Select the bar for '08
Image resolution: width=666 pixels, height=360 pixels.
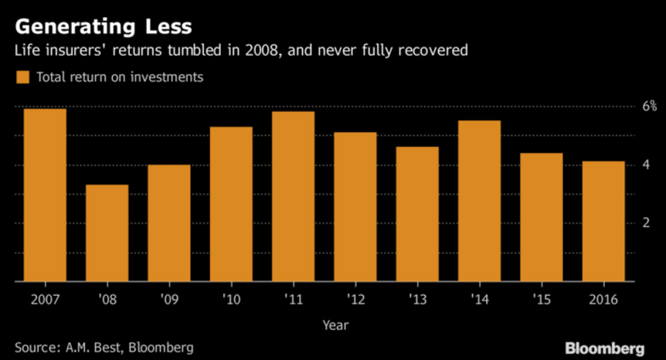point(107,233)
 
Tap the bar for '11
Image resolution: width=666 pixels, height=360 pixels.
point(293,197)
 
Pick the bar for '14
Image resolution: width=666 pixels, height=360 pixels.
point(479,202)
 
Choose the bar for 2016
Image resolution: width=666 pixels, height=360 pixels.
point(603,222)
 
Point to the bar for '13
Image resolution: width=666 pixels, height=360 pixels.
point(417,215)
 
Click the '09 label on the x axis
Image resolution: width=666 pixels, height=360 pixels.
point(168,297)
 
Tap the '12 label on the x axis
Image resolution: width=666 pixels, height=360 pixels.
point(355,297)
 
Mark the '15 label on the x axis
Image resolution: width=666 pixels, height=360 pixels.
point(541,297)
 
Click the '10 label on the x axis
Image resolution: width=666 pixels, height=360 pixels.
point(231,297)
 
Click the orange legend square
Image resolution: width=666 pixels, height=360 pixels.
point(22,77)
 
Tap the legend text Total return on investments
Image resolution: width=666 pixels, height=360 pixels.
point(120,77)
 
